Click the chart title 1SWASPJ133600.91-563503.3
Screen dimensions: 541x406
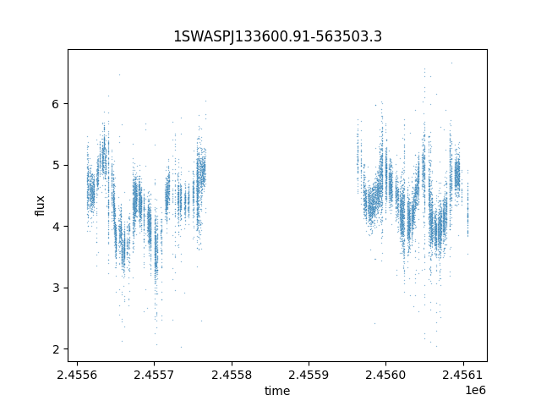tap(277, 36)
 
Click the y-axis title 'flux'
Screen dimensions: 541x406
tap(40, 206)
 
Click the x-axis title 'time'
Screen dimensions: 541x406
tap(277, 391)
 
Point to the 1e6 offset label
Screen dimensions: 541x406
tap(475, 390)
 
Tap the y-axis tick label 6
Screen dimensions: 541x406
tap(55, 104)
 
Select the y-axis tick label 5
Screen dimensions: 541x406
tap(55, 165)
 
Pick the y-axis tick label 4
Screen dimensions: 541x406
tap(55, 227)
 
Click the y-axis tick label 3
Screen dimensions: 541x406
tap(55, 288)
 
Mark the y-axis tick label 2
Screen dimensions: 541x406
tap(55, 349)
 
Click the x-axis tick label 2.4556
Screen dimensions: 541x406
tap(77, 375)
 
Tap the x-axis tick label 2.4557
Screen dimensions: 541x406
tap(154, 375)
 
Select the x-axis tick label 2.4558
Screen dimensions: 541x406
tap(232, 375)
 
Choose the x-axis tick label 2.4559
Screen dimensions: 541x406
tap(309, 375)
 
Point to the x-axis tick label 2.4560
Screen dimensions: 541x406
tap(386, 375)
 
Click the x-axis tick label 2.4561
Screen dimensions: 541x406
tap(463, 375)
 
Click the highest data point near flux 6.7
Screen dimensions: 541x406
tap(451, 63)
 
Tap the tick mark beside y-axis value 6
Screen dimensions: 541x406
tap(66, 103)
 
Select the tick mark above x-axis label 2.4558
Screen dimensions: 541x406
tap(232, 364)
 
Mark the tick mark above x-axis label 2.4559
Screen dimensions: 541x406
tap(309, 364)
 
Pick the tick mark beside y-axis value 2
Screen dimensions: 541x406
tap(66, 348)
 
